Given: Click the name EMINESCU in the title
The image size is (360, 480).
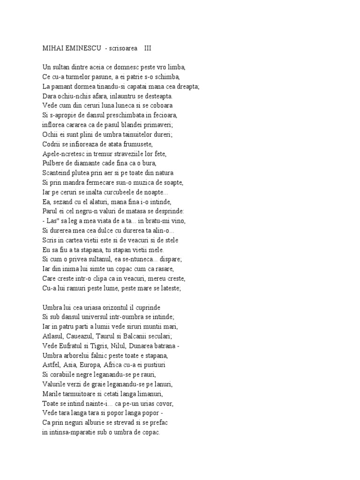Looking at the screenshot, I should (x=79, y=48).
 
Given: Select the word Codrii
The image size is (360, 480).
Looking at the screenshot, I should (x=44, y=144).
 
